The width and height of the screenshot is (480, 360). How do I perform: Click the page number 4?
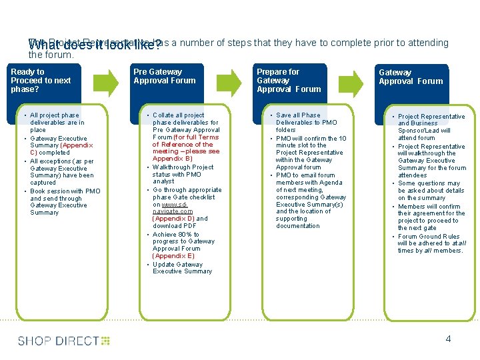pos(448,339)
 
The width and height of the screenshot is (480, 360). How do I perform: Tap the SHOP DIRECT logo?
pos(64,341)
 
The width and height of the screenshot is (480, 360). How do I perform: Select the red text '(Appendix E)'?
pos(173,256)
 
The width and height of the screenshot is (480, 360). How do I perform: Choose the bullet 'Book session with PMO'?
pos(65,191)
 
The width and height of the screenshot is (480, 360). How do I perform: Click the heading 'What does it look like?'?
pos(94,46)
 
